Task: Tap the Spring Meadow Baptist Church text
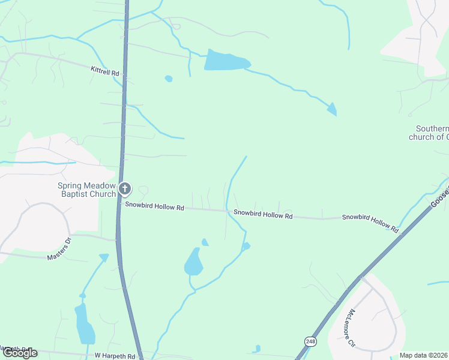tap(86, 190)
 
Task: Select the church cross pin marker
tap(125, 190)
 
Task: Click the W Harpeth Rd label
tap(115, 356)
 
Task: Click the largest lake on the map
tap(226, 61)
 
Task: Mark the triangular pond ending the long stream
tap(331, 109)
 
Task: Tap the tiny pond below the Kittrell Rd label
tap(169, 79)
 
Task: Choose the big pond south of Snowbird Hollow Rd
tap(193, 262)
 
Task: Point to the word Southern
tap(432, 129)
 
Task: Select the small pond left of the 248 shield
tap(257, 349)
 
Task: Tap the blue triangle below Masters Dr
tap(104, 258)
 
